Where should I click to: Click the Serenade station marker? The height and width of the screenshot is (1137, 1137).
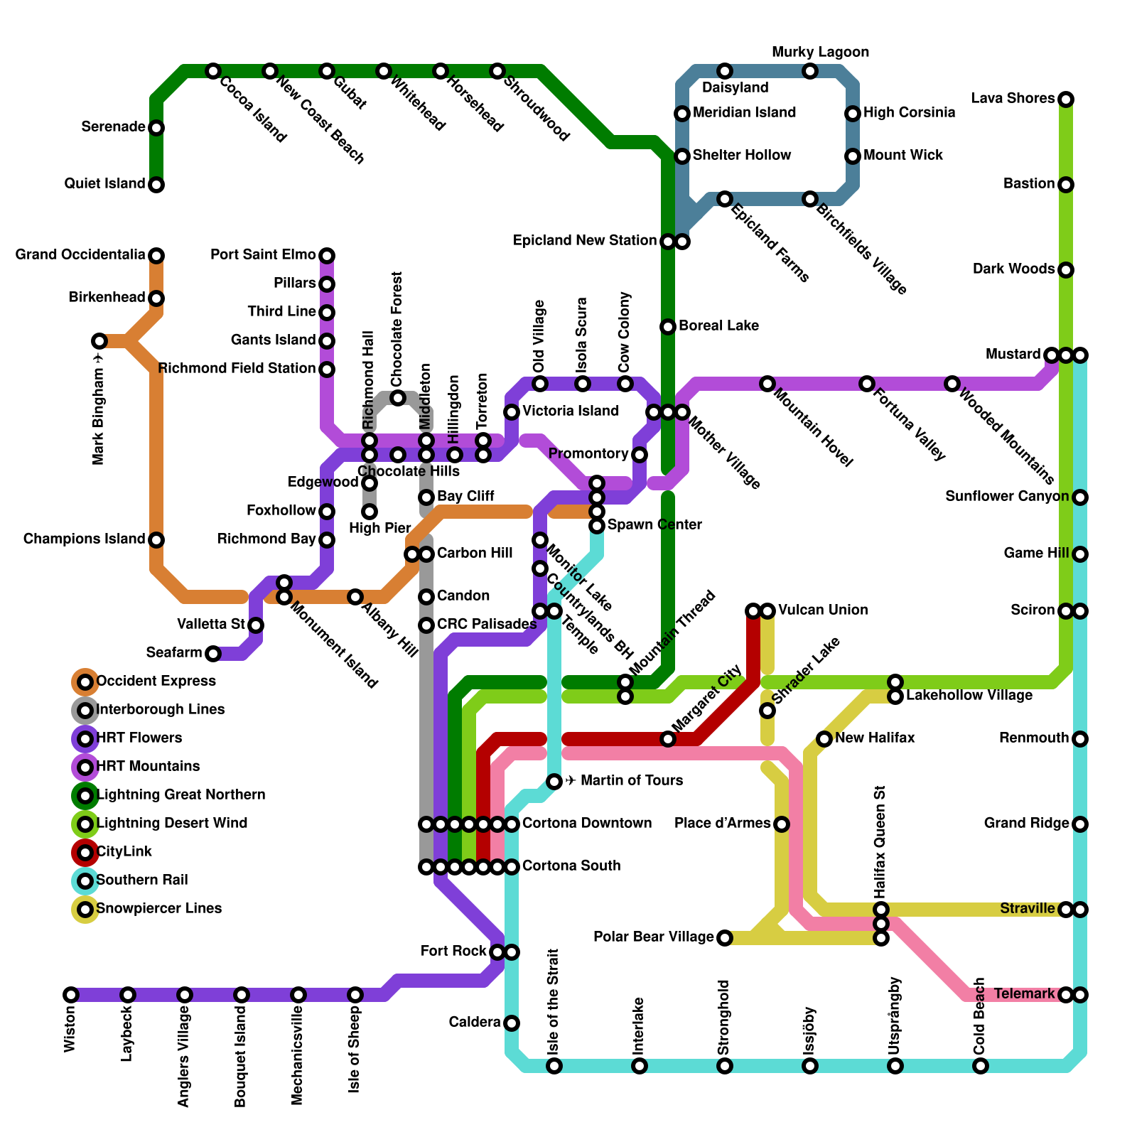point(156,128)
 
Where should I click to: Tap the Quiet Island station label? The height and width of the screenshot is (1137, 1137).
point(104,184)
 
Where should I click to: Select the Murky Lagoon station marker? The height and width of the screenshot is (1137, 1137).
point(810,71)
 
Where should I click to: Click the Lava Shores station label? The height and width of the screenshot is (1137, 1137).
point(1013,99)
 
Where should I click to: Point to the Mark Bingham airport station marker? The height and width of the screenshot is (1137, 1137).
point(99,341)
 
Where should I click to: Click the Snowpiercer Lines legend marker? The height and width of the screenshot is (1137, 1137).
point(85,910)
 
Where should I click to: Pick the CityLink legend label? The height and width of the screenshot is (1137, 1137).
point(124,852)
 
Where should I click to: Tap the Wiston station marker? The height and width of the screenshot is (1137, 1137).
point(71,995)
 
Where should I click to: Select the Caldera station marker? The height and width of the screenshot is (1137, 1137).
point(512,1023)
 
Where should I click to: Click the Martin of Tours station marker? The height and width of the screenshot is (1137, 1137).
point(554,782)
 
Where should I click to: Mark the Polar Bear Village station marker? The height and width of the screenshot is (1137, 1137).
point(725,938)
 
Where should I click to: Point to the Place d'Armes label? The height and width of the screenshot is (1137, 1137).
point(723,824)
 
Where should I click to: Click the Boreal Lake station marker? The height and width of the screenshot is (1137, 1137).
point(668,327)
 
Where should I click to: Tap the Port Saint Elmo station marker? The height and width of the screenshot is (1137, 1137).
point(327,256)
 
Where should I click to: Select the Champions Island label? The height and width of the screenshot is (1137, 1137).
point(84,539)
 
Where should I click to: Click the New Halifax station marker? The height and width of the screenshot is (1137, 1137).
point(824,739)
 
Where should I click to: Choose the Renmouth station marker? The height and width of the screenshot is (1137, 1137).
point(1080,739)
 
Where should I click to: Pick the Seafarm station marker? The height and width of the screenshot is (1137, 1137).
point(213,654)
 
